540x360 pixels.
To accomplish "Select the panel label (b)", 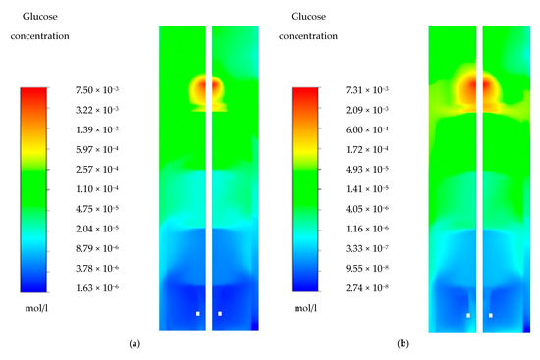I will pos(403,345).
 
